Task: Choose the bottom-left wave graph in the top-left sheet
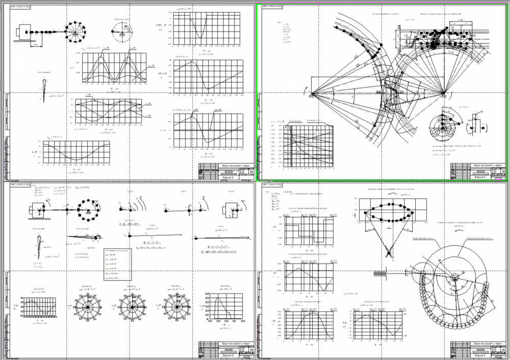point(76,152)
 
